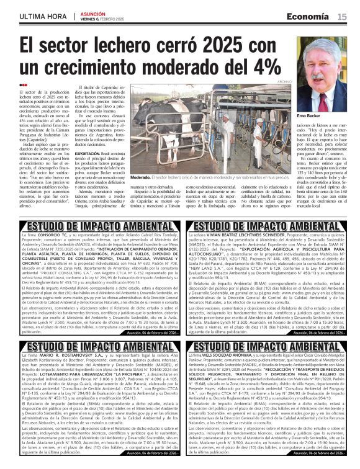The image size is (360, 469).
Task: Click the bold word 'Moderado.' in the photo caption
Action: click(x=142, y=177)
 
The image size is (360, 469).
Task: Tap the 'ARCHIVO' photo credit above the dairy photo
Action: click(x=285, y=81)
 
